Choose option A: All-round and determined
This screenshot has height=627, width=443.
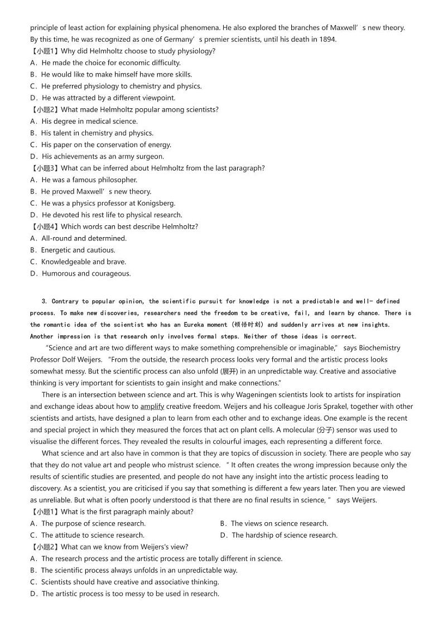pos(79,238)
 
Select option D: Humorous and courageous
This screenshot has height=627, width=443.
pos(80,273)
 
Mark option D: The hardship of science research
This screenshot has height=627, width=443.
pos(278,535)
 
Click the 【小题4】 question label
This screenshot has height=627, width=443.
pos(45,226)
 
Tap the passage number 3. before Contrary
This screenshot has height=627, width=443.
pos(44,301)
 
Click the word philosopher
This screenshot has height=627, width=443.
pos(115,180)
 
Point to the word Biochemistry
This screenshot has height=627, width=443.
pos(380,348)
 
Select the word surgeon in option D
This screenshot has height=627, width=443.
pos(150,156)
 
